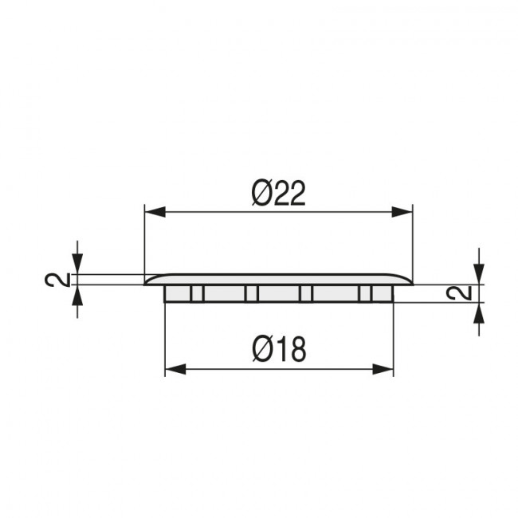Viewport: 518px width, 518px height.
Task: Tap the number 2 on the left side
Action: [53, 280]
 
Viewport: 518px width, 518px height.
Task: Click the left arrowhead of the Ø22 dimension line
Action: [151, 211]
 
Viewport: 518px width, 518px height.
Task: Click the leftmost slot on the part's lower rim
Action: [197, 294]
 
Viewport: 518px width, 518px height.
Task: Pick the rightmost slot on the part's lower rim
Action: [365, 294]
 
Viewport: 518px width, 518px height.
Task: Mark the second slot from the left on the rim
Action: [251, 294]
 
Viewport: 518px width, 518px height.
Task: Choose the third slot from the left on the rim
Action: [305, 294]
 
